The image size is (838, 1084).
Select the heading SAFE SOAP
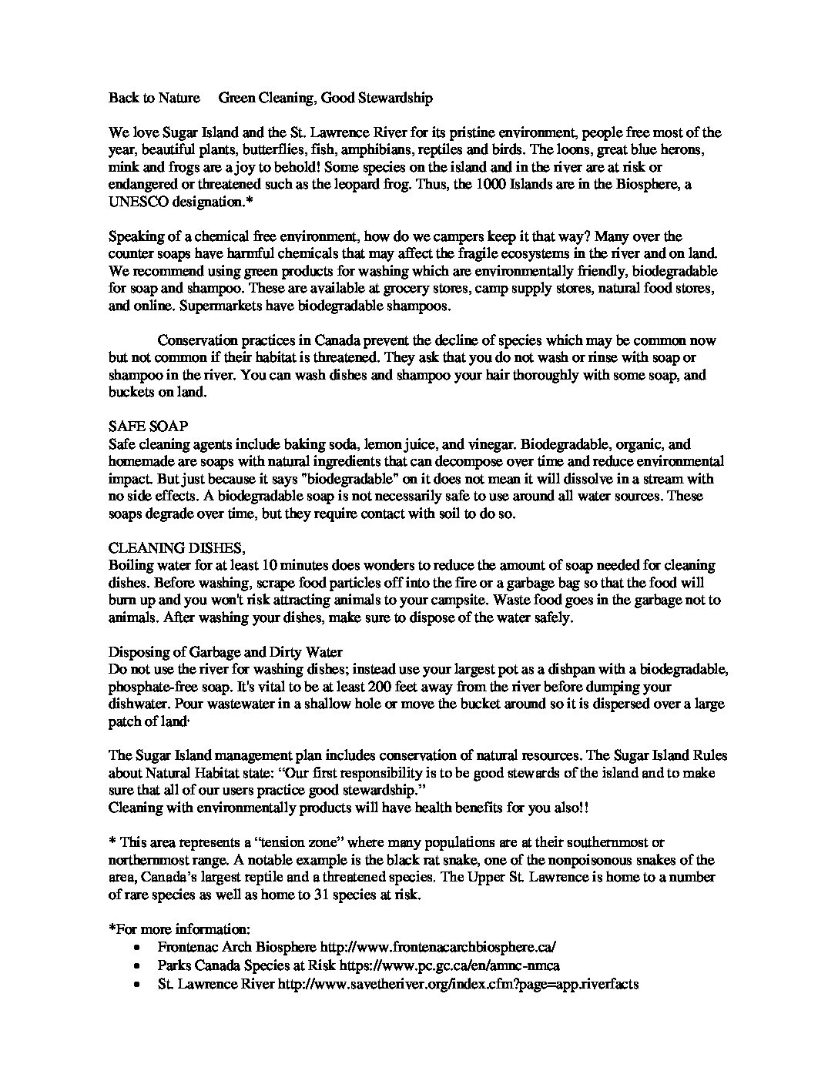click(149, 426)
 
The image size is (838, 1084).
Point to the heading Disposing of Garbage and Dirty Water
click(225, 653)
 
